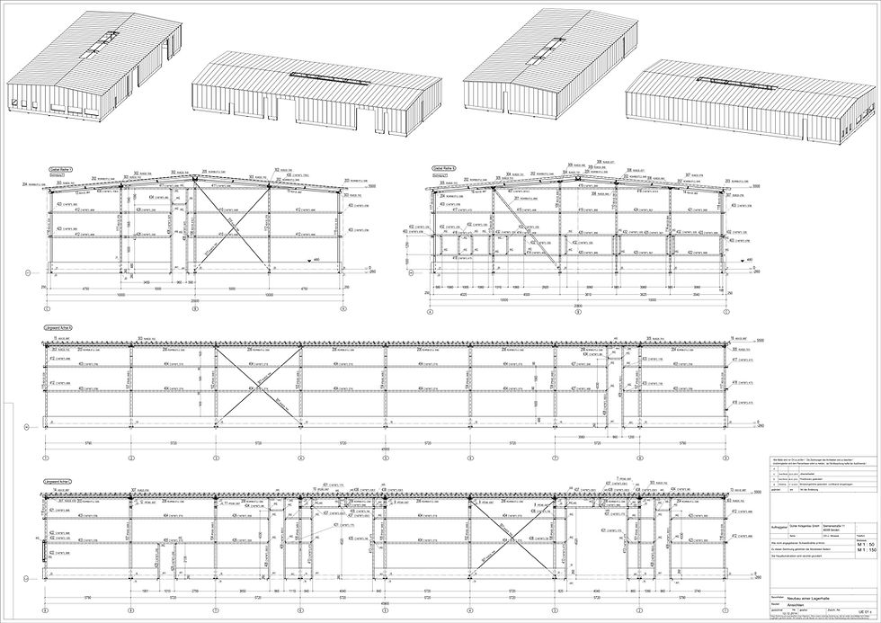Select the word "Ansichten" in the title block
pos(796,605)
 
